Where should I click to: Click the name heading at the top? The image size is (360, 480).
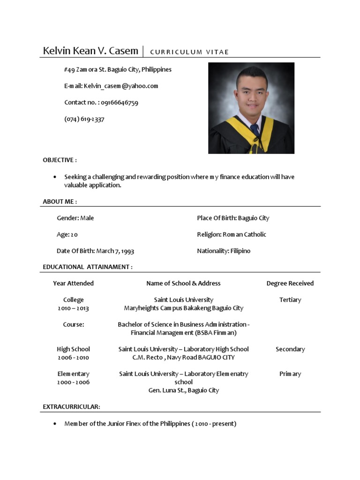(90, 51)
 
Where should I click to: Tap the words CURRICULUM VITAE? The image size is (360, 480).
(189, 52)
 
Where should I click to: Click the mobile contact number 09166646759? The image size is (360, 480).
(119, 103)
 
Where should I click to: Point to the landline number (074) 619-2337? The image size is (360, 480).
(84, 119)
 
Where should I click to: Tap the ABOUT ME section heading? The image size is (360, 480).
(60, 202)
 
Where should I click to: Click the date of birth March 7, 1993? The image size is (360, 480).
(115, 251)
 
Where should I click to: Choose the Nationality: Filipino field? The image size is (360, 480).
(224, 251)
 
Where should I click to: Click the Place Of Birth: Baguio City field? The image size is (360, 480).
(233, 218)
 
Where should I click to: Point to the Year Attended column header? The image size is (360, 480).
(73, 283)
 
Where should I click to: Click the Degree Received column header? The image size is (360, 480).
(290, 283)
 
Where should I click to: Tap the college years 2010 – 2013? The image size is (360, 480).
(73, 308)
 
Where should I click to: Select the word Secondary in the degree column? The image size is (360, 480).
(290, 349)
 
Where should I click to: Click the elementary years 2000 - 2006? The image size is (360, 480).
(73, 382)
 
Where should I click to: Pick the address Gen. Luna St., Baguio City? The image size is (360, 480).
(183, 390)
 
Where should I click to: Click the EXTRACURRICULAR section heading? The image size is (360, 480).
(71, 407)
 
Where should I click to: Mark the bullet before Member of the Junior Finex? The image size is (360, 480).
(55, 424)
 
